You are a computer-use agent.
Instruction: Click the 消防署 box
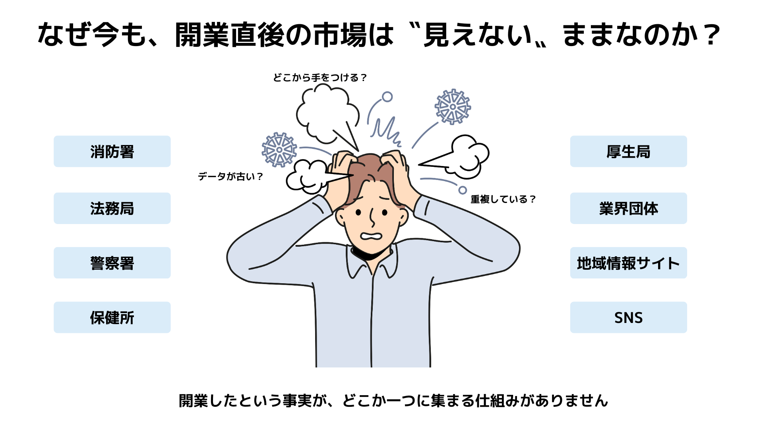point(112,151)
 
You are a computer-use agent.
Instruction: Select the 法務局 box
point(112,208)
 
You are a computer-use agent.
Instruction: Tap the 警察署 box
point(112,263)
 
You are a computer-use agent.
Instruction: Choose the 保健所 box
point(112,317)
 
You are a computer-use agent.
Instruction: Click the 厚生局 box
point(628,151)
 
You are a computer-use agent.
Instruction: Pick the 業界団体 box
point(628,208)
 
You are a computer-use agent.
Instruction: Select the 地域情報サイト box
point(628,263)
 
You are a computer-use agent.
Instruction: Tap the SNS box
point(628,317)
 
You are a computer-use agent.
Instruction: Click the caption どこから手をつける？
point(320,77)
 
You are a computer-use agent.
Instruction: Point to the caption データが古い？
point(230,176)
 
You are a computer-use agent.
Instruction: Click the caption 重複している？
point(503,199)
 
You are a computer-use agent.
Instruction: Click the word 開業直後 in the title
point(230,35)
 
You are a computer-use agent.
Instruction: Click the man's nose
point(372,218)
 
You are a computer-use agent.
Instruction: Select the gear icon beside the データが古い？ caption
point(279,150)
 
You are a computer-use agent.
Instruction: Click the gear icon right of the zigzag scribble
point(453,106)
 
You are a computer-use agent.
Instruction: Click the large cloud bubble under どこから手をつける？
point(326,113)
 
